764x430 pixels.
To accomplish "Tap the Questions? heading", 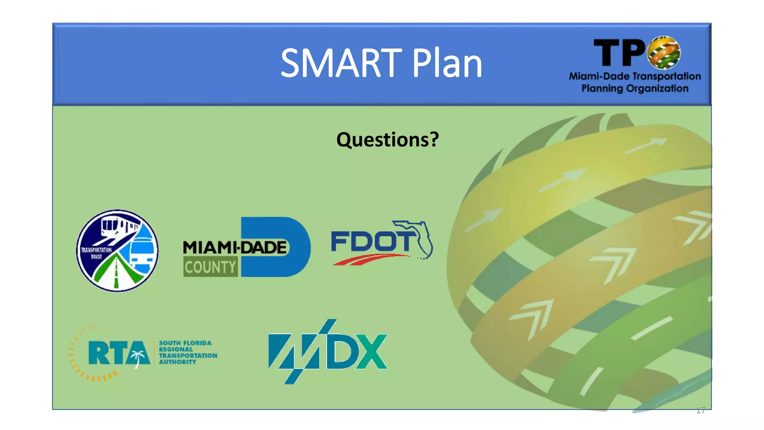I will click(x=388, y=140).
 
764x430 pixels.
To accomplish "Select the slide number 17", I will click(x=700, y=411).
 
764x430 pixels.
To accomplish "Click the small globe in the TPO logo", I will click(x=664, y=52).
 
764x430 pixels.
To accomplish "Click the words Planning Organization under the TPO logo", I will click(x=635, y=88).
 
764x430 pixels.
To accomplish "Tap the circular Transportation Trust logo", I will click(x=117, y=250).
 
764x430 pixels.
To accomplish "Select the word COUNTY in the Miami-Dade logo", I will click(x=210, y=267).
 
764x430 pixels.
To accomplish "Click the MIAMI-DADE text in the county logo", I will click(x=235, y=247).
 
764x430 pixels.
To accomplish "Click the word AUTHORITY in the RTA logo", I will click(x=177, y=362).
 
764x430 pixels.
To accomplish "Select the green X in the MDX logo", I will click(x=371, y=351).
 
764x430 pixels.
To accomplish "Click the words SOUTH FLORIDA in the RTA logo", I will click(x=185, y=343).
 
